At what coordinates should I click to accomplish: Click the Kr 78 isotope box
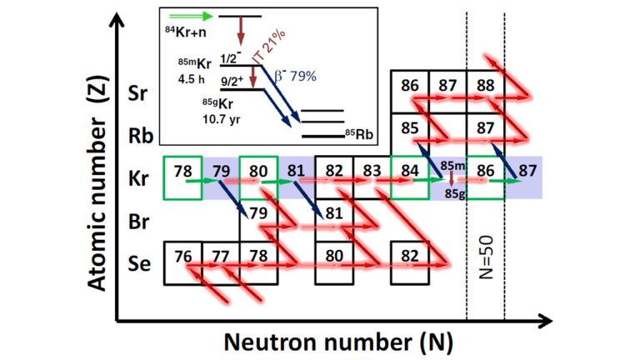182,177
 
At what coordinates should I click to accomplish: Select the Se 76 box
182,261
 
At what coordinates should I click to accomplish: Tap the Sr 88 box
485,89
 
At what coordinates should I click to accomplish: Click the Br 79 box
258,216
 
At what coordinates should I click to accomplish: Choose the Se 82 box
410,261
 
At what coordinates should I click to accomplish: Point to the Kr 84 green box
410,177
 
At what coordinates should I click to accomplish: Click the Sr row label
141,92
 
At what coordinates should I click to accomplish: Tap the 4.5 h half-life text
192,79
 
